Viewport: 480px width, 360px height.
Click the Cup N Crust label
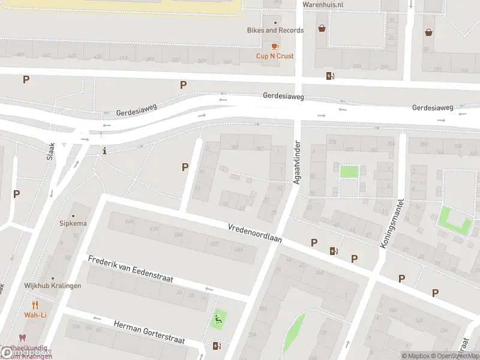[x=275, y=56]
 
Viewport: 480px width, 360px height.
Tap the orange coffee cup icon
[x=275, y=46]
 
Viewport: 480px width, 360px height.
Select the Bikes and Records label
[x=275, y=30]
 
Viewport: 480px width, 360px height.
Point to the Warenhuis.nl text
[x=322, y=4]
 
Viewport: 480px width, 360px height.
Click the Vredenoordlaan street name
[x=254, y=233]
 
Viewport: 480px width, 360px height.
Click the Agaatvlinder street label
[x=296, y=163]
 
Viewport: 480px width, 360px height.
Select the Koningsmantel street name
[x=392, y=223]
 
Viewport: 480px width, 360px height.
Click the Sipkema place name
[x=73, y=223]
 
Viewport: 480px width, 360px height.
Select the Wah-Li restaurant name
[x=35, y=314]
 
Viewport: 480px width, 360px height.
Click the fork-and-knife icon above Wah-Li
[x=35, y=304]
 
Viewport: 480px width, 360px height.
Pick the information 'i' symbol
[x=105, y=151]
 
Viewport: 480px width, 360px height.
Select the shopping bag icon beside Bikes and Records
[x=322, y=28]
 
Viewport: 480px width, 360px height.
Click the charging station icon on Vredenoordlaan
[x=333, y=251]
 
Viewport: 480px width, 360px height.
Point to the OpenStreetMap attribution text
[x=454, y=356]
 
